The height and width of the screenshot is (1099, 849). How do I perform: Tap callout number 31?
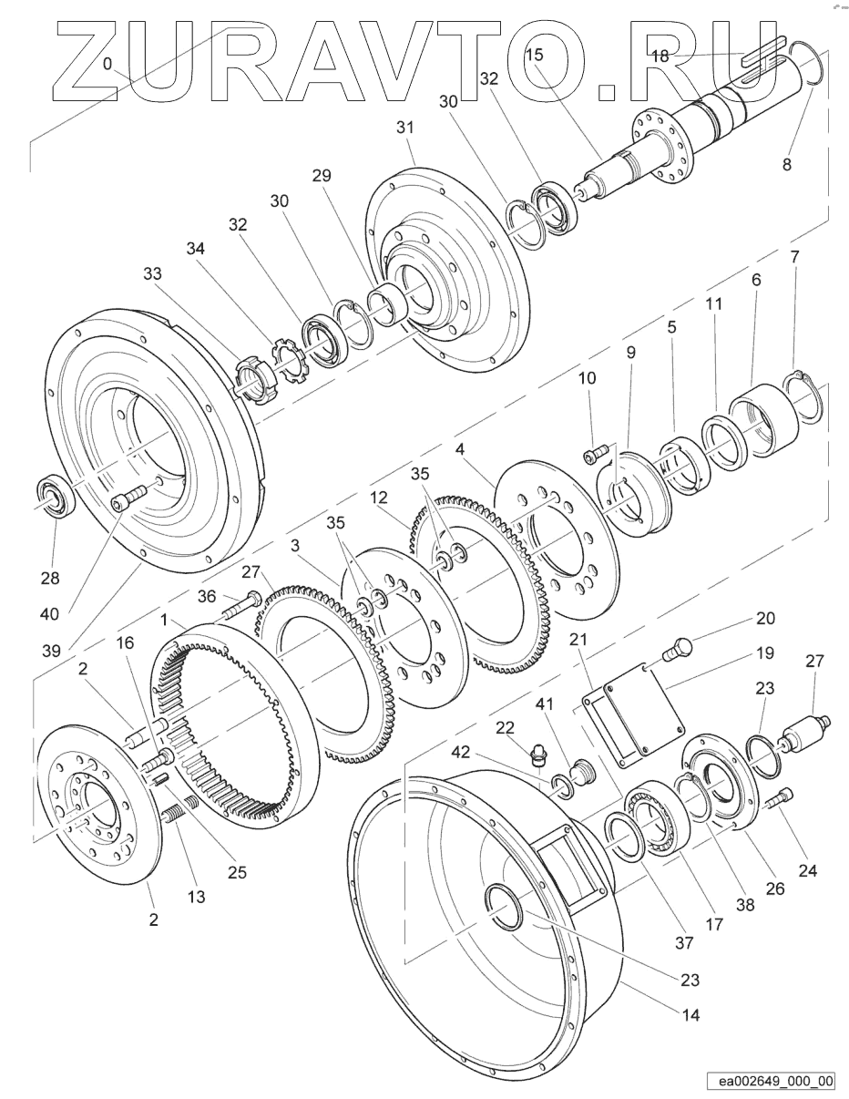pyautogui.click(x=405, y=128)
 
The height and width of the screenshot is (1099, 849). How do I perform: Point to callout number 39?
pyautogui.click(x=52, y=651)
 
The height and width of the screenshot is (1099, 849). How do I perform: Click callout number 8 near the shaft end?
pyautogui.click(x=787, y=164)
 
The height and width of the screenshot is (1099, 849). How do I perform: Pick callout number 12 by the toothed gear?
pyautogui.click(x=379, y=498)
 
